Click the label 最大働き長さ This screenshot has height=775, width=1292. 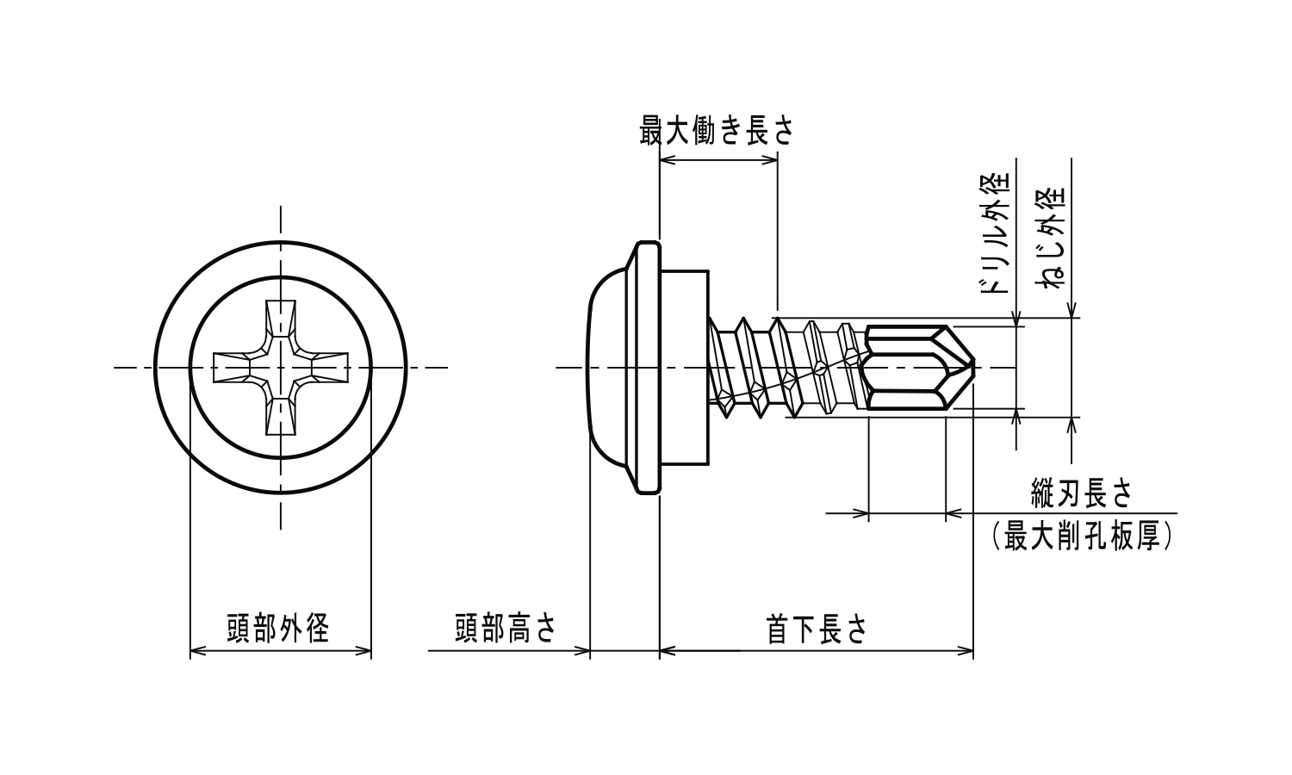[x=717, y=132]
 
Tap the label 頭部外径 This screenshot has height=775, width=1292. [x=278, y=629]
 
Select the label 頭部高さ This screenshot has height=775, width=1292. [x=506, y=629]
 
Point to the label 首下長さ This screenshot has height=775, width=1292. [x=816, y=629]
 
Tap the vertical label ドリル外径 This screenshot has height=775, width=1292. [x=997, y=233]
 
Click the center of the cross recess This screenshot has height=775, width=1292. [x=280, y=368]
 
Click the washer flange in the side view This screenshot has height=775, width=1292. [x=648, y=368]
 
